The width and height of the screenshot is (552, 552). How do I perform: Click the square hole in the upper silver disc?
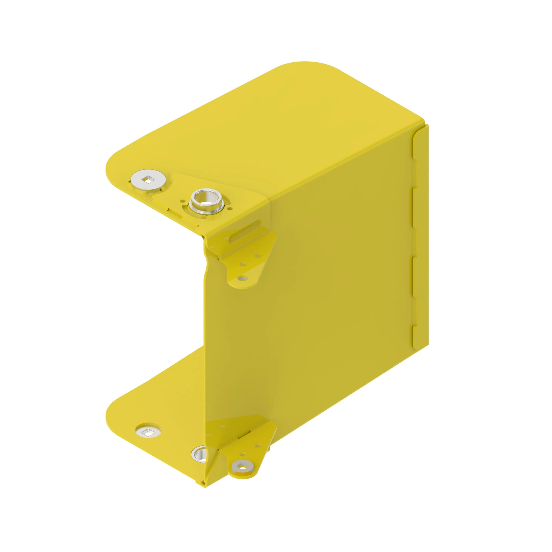(148, 179)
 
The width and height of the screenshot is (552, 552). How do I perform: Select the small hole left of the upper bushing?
(182, 201)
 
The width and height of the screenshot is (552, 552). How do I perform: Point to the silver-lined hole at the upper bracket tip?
(243, 277)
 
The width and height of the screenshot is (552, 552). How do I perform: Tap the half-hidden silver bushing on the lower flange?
(200, 454)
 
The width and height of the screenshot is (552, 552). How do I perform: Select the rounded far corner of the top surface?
(309, 64)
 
